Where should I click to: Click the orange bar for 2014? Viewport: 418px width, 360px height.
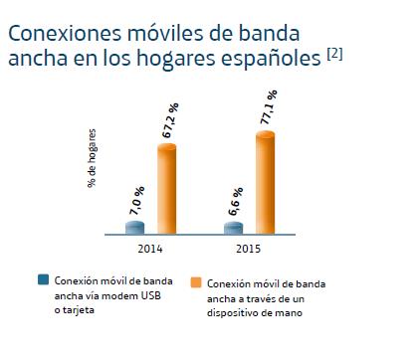click(166, 189)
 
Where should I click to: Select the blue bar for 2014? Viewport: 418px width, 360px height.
click(135, 228)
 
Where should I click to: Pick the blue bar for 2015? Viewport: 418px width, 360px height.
click(234, 228)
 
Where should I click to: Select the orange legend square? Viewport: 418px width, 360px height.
click(195, 282)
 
